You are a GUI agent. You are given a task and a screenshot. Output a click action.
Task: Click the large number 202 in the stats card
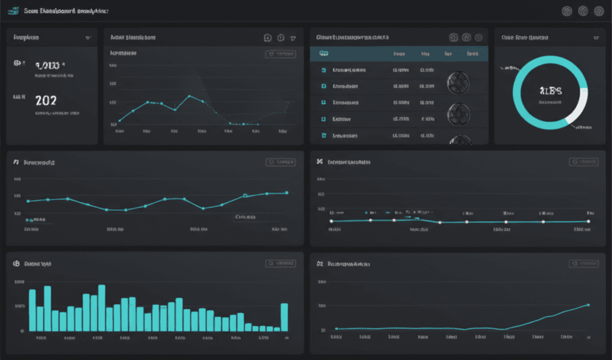(45, 100)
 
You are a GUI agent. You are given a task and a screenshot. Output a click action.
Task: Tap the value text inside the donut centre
(550, 91)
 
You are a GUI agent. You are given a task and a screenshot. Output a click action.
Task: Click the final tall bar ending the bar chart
(284, 317)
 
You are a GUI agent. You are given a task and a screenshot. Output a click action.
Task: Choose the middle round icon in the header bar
(583, 11)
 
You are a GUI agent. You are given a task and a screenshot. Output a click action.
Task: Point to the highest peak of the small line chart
(189, 96)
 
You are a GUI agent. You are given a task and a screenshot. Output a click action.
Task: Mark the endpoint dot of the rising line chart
(589, 305)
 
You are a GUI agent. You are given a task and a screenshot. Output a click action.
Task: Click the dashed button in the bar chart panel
(280, 263)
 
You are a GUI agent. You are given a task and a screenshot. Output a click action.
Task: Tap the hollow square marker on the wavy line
(245, 196)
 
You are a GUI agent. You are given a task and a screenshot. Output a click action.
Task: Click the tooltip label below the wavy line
(246, 217)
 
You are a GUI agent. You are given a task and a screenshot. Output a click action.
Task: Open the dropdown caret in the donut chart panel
(596, 38)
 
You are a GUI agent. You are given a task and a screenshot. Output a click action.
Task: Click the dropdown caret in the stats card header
(88, 38)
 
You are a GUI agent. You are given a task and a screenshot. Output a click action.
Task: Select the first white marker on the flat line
(331, 221)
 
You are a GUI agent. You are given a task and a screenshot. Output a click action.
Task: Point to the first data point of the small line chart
(120, 120)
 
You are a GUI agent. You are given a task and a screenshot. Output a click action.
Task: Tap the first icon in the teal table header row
(323, 54)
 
